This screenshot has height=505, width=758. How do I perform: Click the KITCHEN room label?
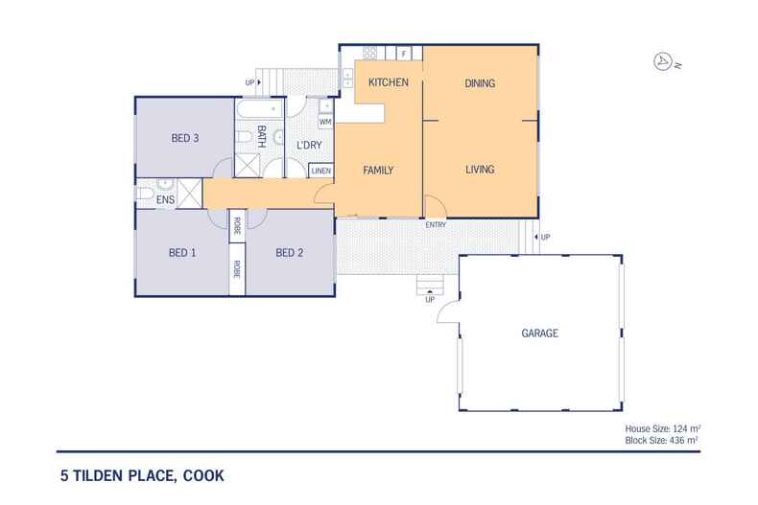click(389, 83)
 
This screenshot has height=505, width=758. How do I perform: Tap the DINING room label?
click(479, 83)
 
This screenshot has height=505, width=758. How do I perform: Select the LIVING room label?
click(479, 170)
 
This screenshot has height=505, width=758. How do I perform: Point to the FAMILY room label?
click(379, 170)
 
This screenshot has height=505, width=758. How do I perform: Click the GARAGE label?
click(539, 333)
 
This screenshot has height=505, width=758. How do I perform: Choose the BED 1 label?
click(182, 253)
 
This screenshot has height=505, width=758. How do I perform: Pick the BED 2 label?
click(290, 253)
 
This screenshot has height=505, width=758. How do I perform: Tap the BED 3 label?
click(184, 138)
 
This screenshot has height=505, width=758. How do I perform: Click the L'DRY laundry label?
click(308, 146)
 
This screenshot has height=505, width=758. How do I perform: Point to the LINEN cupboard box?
click(321, 171)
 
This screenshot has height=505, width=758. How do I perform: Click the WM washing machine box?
click(324, 123)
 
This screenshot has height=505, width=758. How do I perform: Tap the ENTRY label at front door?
click(436, 224)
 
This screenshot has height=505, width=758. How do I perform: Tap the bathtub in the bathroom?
click(251, 109)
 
